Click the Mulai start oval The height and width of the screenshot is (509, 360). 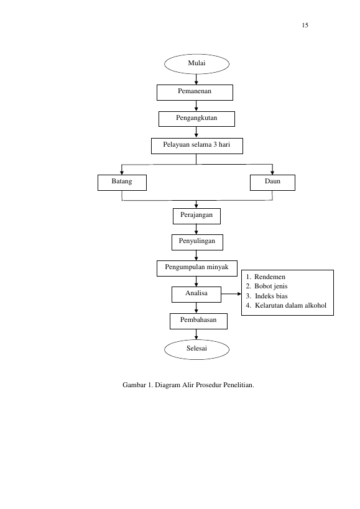tap(196, 64)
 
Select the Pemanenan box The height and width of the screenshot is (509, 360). tap(195, 93)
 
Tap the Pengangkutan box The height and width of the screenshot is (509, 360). tap(196, 119)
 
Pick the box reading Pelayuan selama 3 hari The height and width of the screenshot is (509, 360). tap(197, 146)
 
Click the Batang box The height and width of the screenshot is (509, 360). tap(122, 183)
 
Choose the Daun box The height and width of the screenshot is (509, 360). tap(273, 183)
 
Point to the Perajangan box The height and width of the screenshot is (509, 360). tap(196, 216)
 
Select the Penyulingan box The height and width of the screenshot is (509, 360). tap(197, 242)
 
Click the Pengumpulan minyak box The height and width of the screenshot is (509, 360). tap(197, 268)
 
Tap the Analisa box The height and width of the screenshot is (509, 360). tap(196, 295)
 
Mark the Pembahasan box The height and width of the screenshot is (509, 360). tap(199, 321)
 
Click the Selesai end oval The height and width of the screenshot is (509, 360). tap(196, 350)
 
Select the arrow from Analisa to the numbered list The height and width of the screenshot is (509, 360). tap(231, 294)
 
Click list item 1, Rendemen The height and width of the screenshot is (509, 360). tap(265, 277)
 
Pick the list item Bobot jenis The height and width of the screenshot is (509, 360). tap(267, 287)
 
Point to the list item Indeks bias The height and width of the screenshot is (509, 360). tap(267, 296)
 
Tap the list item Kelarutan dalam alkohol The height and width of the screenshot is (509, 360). tap(286, 306)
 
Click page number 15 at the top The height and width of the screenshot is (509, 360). tap(305, 25)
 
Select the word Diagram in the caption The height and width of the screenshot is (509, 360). tap(167, 385)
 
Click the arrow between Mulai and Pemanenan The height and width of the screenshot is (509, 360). tap(196, 80)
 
